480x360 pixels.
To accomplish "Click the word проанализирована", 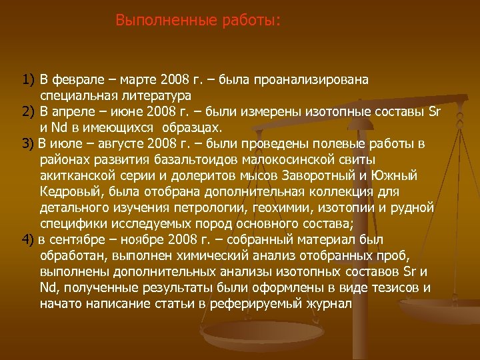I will [x=319, y=81].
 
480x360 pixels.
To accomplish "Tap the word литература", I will [x=155, y=96].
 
